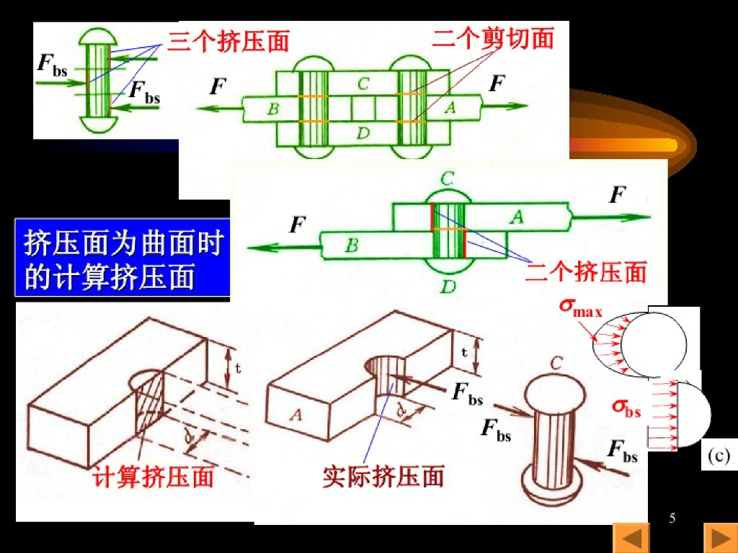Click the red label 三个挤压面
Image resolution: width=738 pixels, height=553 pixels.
click(228, 41)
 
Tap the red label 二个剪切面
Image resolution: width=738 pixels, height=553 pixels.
click(493, 38)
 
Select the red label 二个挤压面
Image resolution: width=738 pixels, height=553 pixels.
click(585, 271)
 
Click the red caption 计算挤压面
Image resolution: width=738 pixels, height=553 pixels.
click(154, 477)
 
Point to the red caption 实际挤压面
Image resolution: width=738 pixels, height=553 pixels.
click(383, 476)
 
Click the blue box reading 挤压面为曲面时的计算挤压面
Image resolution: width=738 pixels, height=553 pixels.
click(123, 259)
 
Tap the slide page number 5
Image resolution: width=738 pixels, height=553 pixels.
click(672, 518)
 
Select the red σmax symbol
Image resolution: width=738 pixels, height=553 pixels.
click(581, 307)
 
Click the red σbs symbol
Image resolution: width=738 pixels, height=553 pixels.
click(626, 408)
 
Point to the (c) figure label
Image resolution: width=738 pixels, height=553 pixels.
click(718, 456)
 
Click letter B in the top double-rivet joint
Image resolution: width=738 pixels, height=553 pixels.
click(272, 109)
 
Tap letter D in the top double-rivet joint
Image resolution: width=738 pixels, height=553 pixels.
click(363, 133)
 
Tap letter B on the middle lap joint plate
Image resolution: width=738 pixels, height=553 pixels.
click(351, 246)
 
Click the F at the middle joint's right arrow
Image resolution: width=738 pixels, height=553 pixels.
click(617, 195)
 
